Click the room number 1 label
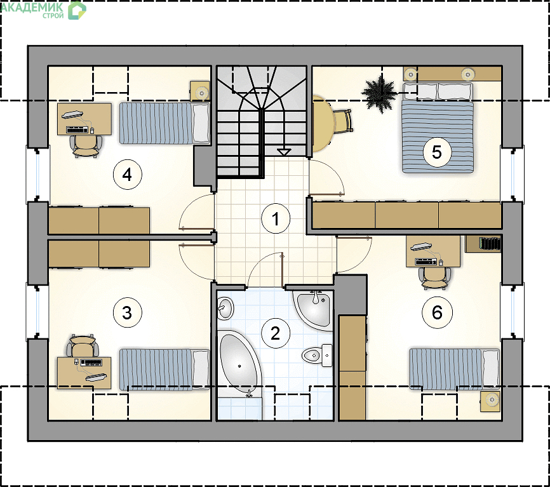[276, 219]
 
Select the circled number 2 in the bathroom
[276, 333]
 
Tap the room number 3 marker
[127, 312]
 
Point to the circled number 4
[127, 175]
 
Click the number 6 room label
[437, 312]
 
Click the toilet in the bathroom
[317, 356]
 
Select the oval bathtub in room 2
[239, 364]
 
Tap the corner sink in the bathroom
[314, 309]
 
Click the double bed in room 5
[438, 128]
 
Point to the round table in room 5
[321, 123]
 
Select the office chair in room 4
[86, 146]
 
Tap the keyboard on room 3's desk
[91, 362]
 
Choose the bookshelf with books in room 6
[483, 244]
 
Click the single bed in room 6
[455, 369]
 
